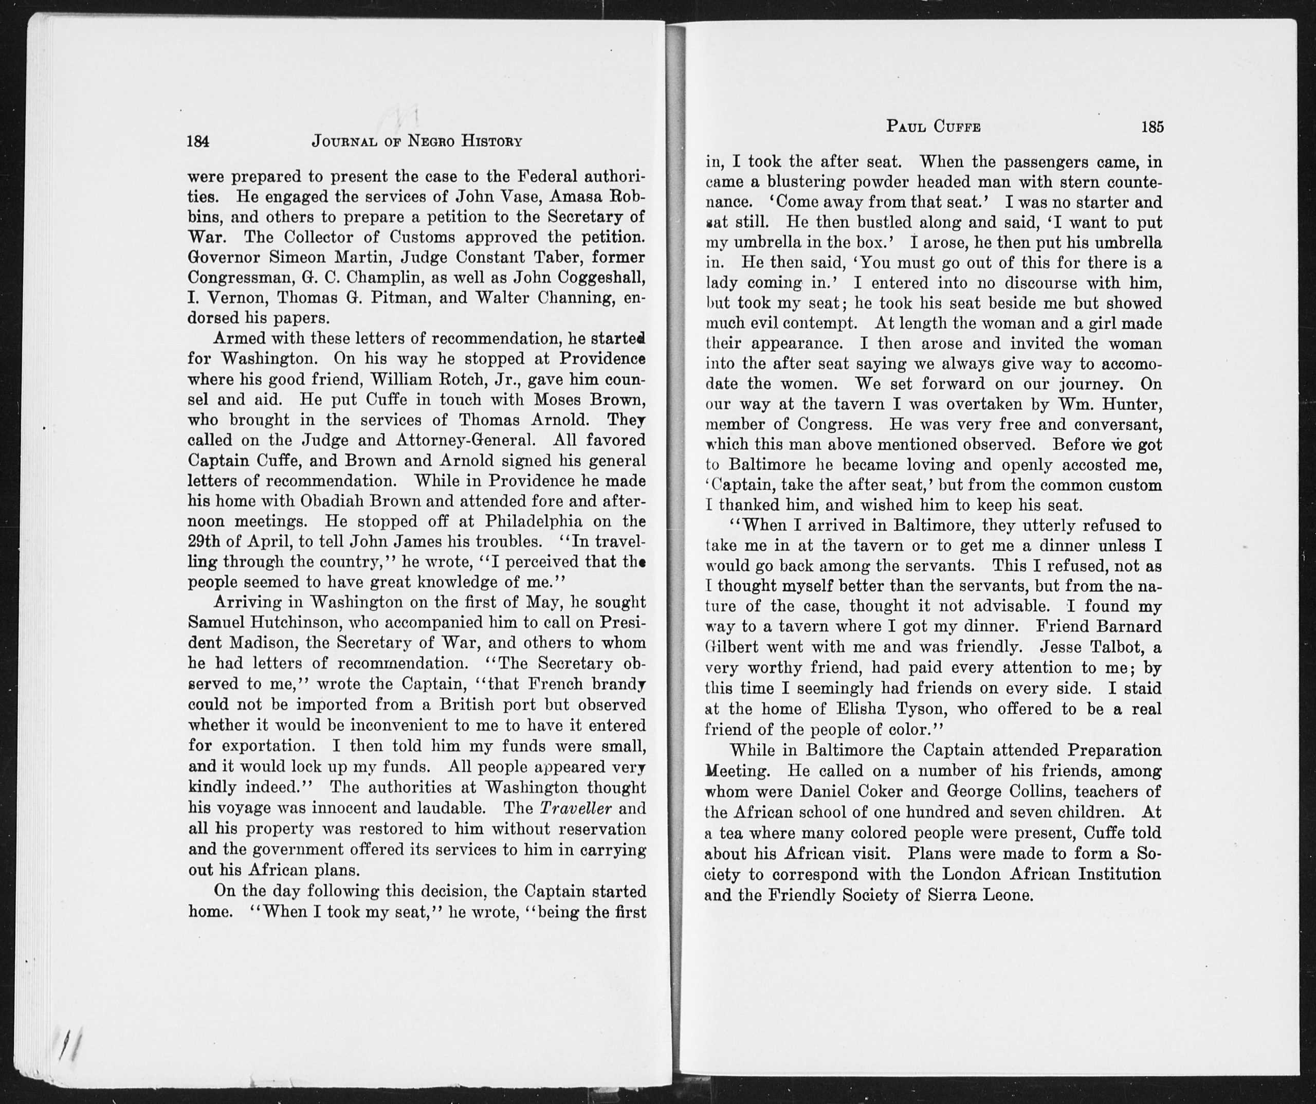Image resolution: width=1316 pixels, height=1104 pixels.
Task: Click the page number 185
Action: pyautogui.click(x=1153, y=127)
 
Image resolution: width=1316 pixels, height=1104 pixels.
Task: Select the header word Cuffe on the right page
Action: pyautogui.click(x=957, y=127)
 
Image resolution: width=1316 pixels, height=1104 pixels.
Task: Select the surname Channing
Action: pyautogui.click(x=575, y=297)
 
